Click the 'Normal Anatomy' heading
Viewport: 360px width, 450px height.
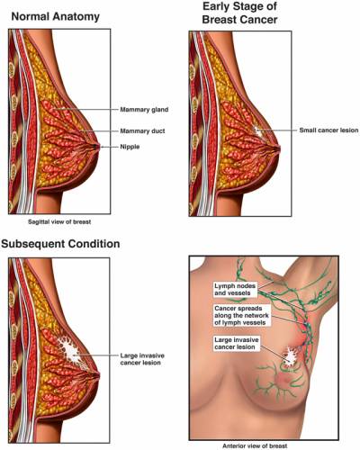[x=56, y=16]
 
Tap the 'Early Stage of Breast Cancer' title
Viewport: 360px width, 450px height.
[x=239, y=13]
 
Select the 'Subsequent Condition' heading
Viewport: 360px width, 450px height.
[x=60, y=244]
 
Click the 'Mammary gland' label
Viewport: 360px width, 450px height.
[x=144, y=110]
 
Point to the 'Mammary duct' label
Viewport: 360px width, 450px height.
[x=142, y=131]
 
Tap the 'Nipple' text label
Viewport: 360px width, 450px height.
[x=130, y=147]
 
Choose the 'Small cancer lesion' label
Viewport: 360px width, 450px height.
[x=328, y=130]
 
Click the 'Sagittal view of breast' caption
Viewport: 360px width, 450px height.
[x=59, y=222]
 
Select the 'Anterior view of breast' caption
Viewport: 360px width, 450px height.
[x=255, y=445]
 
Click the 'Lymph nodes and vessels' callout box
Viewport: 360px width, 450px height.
[x=235, y=290]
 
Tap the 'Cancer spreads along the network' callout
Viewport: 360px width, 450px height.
[x=241, y=316]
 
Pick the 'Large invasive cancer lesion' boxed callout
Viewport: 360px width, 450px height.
[x=237, y=344]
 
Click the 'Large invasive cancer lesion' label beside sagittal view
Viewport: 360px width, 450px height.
[x=142, y=359]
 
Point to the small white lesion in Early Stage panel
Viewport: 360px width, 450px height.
[x=257, y=131]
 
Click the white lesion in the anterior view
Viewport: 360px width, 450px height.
[x=290, y=356]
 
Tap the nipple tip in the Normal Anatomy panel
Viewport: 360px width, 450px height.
[x=98, y=147]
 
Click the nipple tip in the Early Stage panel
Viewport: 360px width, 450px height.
[x=280, y=148]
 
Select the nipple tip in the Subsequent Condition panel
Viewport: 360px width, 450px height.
[x=98, y=376]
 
